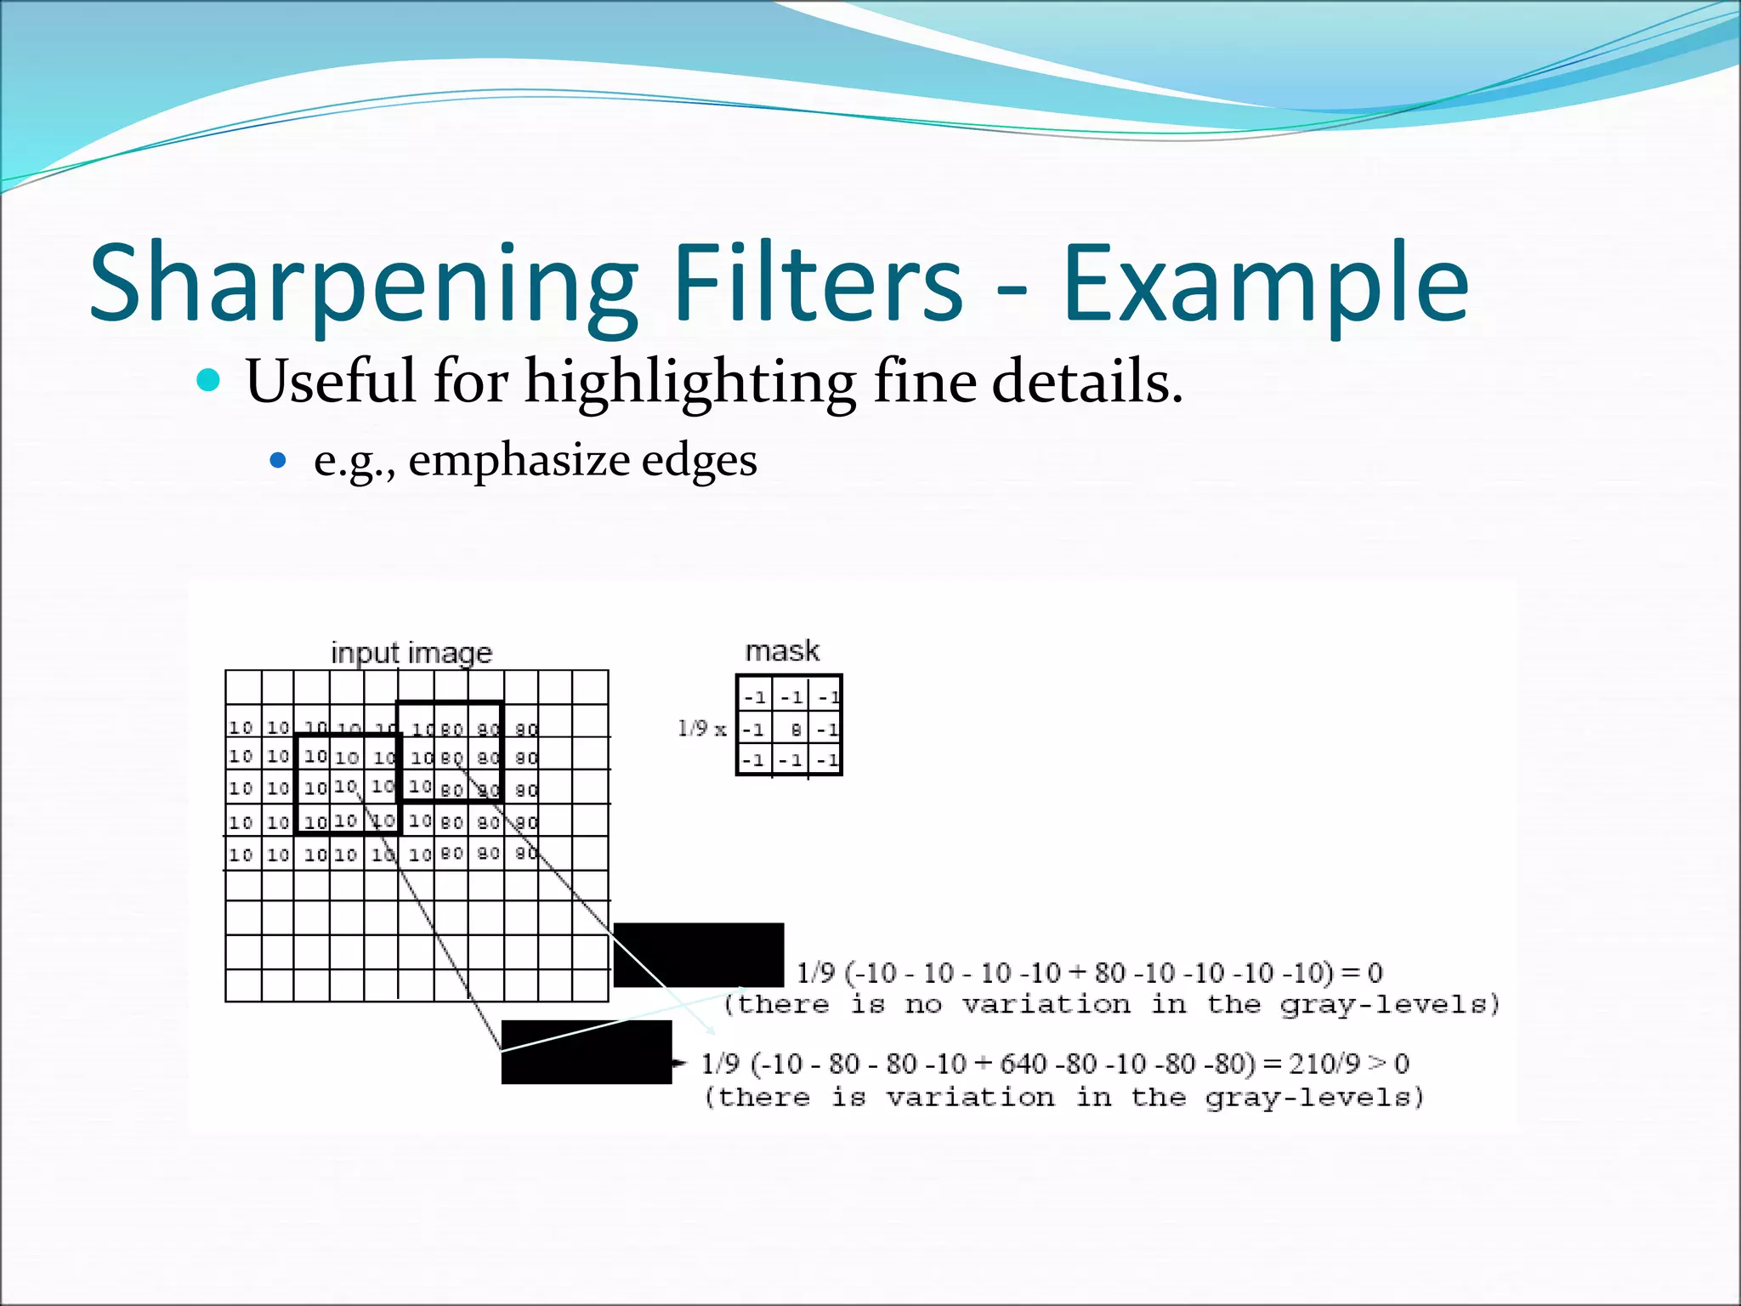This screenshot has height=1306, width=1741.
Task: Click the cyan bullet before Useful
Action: pos(208,379)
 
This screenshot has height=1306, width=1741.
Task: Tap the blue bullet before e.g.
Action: pos(278,460)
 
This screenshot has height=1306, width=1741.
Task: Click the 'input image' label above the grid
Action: pos(411,652)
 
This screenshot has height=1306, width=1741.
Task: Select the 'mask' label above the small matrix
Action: pos(782,650)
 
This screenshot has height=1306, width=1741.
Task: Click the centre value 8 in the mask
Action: pos(796,730)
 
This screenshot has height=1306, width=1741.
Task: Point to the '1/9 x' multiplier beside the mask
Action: pos(702,729)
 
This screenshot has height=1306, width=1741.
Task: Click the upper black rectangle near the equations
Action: pos(698,954)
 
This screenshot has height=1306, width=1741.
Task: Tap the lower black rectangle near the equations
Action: pos(586,1052)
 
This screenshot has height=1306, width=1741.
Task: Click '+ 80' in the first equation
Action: pos(1102,973)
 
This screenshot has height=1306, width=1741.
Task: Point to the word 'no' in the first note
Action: pos(923,1005)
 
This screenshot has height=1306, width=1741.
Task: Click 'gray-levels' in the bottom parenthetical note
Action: pos(1314,1098)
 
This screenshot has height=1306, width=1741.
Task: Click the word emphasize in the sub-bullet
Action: pos(519,460)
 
